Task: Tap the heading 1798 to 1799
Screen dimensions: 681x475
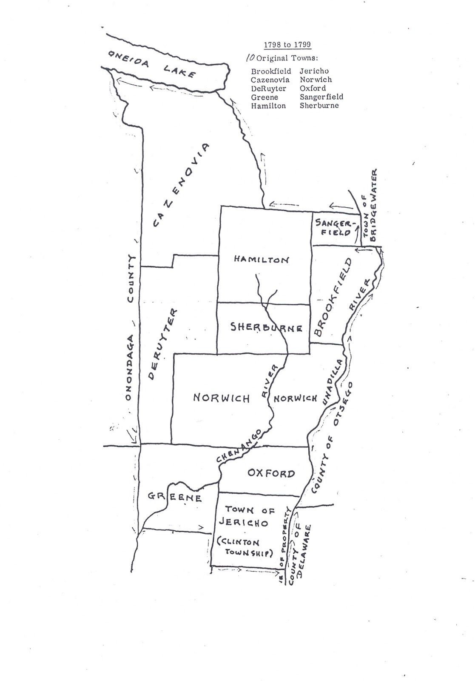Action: click(287, 45)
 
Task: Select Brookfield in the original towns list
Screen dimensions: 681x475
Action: click(271, 71)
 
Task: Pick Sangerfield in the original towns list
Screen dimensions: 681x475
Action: click(321, 97)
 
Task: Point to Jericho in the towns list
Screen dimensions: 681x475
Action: click(314, 71)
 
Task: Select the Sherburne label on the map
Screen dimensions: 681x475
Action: click(266, 327)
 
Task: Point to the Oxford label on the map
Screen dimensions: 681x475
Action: click(270, 473)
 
